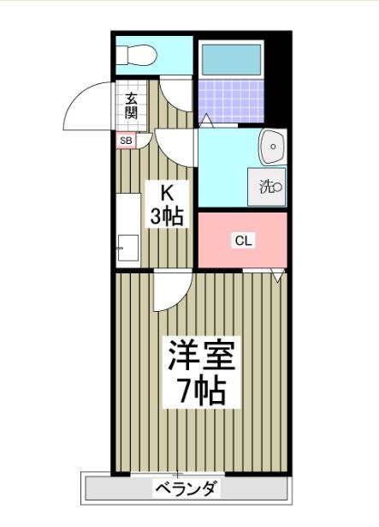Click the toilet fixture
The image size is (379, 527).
[x=136, y=56]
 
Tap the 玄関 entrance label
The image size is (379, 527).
[x=131, y=105]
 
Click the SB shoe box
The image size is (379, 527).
[x=126, y=140]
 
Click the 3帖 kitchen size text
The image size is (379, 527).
[x=167, y=216]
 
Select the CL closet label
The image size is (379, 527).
[x=244, y=241]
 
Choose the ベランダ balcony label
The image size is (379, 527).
[x=186, y=490]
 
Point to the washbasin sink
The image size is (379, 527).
[x=273, y=147]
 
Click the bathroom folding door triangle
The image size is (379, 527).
[x=204, y=122]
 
